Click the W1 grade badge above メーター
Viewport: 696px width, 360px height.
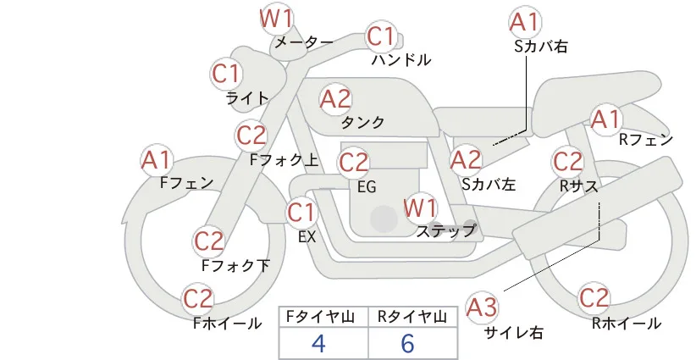tap(276, 19)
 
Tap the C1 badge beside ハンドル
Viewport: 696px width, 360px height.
tap(381, 36)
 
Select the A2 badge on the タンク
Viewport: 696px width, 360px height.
tap(335, 99)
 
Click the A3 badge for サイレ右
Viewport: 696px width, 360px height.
tap(482, 307)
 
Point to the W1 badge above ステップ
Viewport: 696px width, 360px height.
tap(419, 208)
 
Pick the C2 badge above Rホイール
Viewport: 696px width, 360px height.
tap(594, 297)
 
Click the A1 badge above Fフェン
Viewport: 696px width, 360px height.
tap(156, 160)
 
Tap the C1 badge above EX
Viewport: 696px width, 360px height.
tap(301, 212)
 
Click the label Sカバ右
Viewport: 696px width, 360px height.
tap(541, 47)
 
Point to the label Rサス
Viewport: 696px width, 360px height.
tap(579, 186)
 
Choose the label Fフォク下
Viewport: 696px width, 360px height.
tap(235, 265)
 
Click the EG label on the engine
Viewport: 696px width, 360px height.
tap(367, 187)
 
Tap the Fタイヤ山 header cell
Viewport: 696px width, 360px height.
tap(323, 317)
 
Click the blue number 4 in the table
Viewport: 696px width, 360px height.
tap(318, 343)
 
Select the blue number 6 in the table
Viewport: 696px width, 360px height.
tap(407, 343)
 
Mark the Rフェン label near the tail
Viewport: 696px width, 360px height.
tap(646, 141)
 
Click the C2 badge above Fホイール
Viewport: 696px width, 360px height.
tap(198, 298)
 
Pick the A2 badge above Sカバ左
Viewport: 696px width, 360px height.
tap(466, 160)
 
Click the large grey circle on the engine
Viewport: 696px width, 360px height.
tap(384, 219)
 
